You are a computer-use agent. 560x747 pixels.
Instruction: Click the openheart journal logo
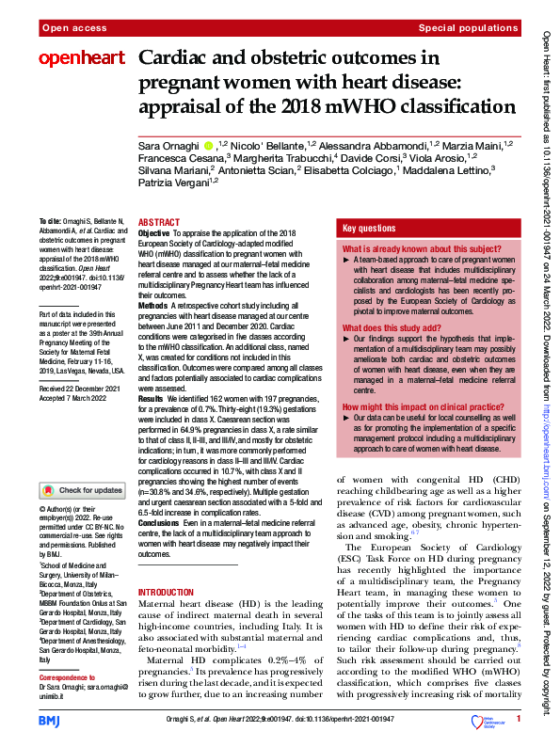click(x=81, y=59)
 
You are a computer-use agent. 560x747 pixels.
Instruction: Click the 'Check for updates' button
click(x=82, y=490)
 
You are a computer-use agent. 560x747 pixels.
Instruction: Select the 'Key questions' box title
click(x=369, y=229)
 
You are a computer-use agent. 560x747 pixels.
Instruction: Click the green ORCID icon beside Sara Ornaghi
click(x=208, y=146)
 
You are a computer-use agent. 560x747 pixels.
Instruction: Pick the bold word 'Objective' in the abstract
click(x=154, y=231)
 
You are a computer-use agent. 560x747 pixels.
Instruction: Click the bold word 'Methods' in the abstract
click(x=153, y=306)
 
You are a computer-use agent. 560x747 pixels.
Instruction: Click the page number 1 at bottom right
click(x=519, y=721)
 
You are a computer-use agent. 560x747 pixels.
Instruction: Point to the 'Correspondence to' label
click(x=68, y=676)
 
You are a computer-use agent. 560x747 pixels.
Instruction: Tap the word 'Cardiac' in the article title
click(x=177, y=58)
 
